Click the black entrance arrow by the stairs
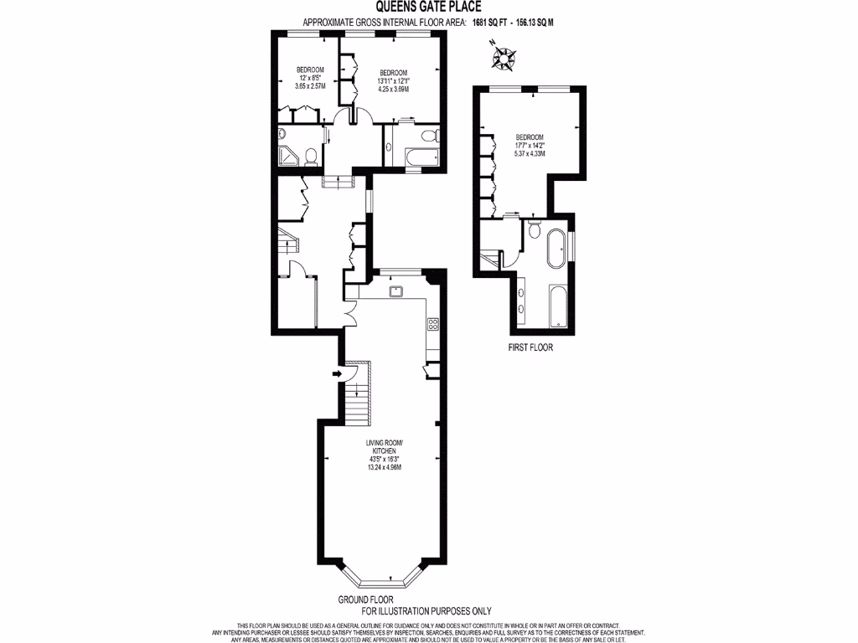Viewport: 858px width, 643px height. pos(337,373)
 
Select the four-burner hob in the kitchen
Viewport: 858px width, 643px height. pos(433,323)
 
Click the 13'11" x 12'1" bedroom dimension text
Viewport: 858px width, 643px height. pos(394,80)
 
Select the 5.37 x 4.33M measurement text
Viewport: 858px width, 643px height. pos(530,154)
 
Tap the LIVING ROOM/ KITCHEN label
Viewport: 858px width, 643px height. pos(385,446)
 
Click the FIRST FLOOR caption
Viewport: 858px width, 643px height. pos(530,347)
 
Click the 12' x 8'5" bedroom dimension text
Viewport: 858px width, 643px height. pos(309,77)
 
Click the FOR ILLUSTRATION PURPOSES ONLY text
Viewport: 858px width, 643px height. pos(426,611)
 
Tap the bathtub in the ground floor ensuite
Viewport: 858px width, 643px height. pos(416,157)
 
